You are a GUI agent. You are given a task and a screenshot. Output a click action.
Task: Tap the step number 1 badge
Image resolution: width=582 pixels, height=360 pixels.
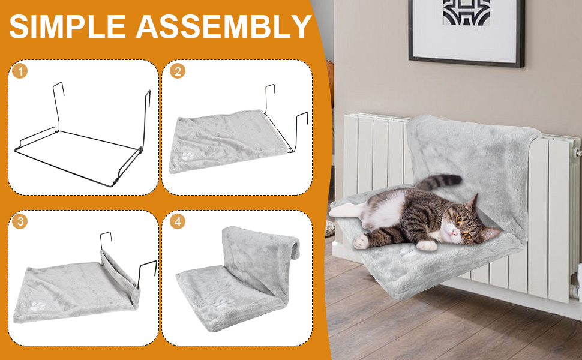[20, 71]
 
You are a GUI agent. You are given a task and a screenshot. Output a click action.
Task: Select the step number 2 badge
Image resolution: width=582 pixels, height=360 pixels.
[178, 71]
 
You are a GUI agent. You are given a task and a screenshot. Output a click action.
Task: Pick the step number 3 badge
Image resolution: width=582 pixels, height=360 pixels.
[20, 221]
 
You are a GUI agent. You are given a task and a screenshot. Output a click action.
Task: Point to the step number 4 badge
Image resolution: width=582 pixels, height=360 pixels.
[178, 221]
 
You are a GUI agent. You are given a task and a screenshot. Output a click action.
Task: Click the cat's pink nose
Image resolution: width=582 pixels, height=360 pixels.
[453, 232]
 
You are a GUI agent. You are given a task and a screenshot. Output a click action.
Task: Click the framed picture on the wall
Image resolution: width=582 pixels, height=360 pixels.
[467, 32]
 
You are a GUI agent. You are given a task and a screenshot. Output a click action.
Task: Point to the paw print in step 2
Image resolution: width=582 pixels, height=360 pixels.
[187, 155]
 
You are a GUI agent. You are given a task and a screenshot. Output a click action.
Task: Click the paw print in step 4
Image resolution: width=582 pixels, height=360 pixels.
[223, 302]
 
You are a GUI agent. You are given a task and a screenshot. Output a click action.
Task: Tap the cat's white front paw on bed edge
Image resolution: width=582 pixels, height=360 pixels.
[427, 245]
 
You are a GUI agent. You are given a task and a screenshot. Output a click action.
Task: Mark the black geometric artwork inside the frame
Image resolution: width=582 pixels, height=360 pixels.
[467, 12]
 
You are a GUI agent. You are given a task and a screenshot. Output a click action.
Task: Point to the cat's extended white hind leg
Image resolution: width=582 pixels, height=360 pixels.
[345, 211]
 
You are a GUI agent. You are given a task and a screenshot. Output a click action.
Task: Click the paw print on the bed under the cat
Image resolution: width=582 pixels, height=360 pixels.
[407, 253]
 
